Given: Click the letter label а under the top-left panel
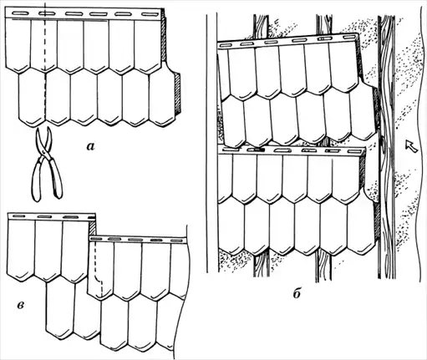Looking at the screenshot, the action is pyautogui.click(x=91, y=146).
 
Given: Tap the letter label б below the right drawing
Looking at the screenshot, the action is pyautogui.click(x=297, y=293).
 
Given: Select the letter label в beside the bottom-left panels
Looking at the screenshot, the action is pyautogui.click(x=20, y=306).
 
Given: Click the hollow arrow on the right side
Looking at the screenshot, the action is pyautogui.click(x=411, y=146).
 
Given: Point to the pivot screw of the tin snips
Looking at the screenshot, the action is pyautogui.click(x=43, y=151).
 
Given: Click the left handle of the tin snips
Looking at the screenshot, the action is pyautogui.click(x=38, y=181).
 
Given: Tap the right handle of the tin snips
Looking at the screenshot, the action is pyautogui.click(x=55, y=178).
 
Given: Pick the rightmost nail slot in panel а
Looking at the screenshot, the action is pyautogui.click(x=150, y=14).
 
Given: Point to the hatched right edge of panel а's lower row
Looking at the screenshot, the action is pyautogui.click(x=177, y=94).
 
